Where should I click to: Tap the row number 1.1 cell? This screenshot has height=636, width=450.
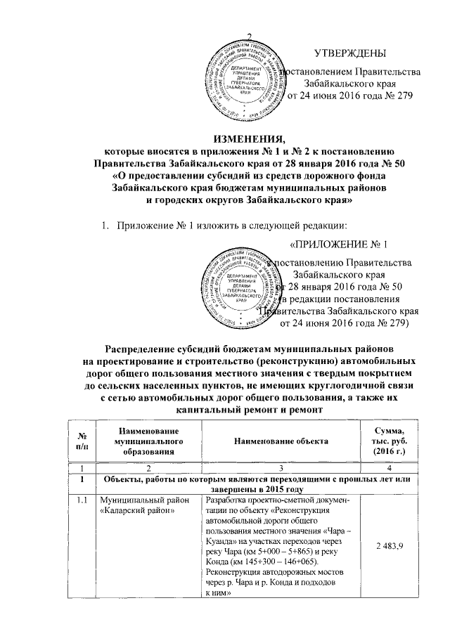84,500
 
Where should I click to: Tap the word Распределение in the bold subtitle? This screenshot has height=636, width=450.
150,349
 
